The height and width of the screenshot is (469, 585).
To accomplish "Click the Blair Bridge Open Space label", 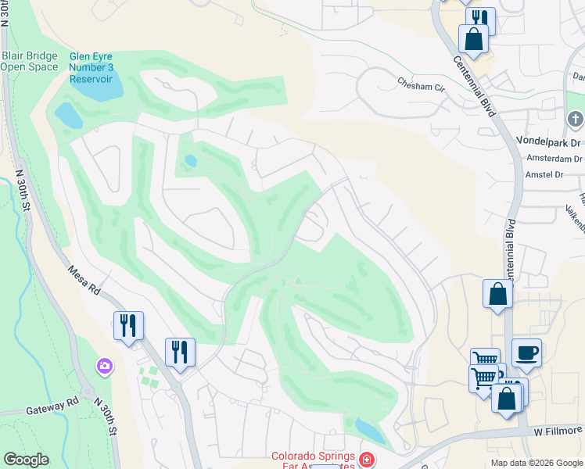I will coord(29,61).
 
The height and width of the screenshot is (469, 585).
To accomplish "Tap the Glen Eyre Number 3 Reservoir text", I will coord(92,68).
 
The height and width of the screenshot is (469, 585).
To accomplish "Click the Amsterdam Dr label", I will coord(554,159).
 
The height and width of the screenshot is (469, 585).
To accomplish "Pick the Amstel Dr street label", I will coord(545,175).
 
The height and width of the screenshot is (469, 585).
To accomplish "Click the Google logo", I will coord(26,460).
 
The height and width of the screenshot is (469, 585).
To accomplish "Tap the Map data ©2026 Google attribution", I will coord(537,463).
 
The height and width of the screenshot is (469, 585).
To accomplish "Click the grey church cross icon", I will coord(575,119).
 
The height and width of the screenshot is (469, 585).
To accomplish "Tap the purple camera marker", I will coord(104,366).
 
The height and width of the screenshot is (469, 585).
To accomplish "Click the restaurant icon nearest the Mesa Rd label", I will coord(128,324).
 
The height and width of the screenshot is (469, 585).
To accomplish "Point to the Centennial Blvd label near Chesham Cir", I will coord(474,82).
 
